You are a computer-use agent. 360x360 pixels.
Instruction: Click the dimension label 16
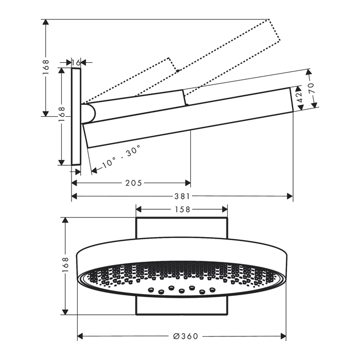(76, 62)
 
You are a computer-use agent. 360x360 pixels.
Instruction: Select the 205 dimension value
(134, 183)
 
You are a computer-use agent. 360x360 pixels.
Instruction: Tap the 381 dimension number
(182, 196)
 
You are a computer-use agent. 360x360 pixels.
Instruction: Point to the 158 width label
(182, 209)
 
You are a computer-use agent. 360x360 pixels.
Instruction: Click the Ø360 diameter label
(186, 336)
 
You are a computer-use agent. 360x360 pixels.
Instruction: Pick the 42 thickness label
(300, 98)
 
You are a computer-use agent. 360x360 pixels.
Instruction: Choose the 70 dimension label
(311, 88)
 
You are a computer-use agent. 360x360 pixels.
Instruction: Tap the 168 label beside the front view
(65, 265)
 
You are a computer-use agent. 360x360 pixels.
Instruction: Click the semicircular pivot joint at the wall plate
(88, 114)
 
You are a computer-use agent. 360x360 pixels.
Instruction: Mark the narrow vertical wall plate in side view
(76, 117)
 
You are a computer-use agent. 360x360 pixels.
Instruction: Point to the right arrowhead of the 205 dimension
(188, 183)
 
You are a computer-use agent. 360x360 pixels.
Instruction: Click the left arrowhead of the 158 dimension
(139, 209)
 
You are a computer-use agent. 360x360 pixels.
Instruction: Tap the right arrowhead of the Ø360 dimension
(283, 336)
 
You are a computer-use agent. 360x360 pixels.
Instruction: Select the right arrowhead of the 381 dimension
(290, 196)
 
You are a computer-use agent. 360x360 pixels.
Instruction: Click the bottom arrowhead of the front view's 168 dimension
(65, 312)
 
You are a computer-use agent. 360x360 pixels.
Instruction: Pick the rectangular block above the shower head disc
(182, 228)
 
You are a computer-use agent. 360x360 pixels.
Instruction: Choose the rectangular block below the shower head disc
(182, 305)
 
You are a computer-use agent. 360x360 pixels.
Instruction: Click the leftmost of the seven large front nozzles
(151, 290)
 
